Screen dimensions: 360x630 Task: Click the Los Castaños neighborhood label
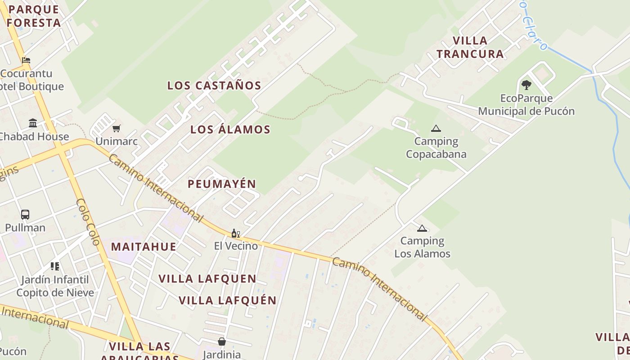point(214,85)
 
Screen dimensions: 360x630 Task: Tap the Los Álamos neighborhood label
point(230,130)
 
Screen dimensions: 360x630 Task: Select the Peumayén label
point(222,184)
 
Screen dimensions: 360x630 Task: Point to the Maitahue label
point(144,247)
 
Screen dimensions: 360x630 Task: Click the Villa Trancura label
point(470,47)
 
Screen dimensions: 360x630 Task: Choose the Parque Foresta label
point(34,16)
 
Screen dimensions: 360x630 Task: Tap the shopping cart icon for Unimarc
point(117,129)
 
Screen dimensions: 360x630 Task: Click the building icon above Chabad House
point(33,123)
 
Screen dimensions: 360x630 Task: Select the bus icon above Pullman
point(25,215)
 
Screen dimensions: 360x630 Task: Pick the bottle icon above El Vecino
point(235,233)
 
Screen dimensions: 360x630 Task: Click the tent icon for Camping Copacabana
point(436,129)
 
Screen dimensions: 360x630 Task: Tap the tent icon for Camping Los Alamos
point(422,228)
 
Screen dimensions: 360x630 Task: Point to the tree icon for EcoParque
point(526,85)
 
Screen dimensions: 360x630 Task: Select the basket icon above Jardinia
point(221,342)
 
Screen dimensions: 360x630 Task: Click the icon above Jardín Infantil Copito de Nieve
point(55,266)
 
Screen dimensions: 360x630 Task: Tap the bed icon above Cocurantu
point(26,60)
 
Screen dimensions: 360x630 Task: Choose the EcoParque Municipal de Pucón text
point(526,105)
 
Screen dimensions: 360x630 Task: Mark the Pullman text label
point(25,228)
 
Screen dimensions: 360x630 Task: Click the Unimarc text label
point(117,142)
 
